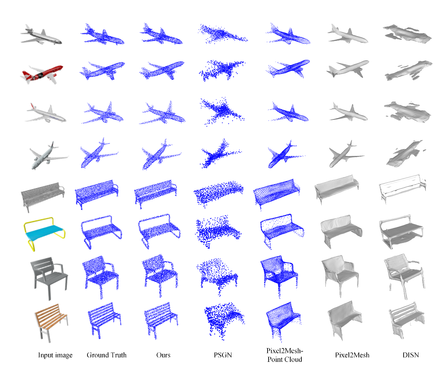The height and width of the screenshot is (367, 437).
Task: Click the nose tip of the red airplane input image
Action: pos(62,67)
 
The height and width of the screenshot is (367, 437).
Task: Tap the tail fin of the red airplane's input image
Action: pos(26,74)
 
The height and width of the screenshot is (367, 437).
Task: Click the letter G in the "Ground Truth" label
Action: pos(89,355)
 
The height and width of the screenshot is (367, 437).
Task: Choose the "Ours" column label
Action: pos(163,355)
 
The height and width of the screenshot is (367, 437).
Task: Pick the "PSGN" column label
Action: pos(223,355)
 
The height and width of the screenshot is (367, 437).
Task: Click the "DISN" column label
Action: pos(410,355)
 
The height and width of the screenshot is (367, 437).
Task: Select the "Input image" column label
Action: pos(55,355)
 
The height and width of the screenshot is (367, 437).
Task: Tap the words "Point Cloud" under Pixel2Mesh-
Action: pos(285,359)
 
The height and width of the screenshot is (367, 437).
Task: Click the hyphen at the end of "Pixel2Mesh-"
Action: pos(302,351)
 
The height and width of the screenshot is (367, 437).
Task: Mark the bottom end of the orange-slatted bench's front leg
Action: pos(50,342)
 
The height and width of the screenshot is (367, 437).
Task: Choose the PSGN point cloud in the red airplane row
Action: pos(222,70)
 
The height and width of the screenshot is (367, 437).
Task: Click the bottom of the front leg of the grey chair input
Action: pos(50,300)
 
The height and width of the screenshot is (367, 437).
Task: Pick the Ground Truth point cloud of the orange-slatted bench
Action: pos(104,320)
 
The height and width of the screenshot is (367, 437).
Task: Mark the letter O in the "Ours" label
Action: pos(159,355)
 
